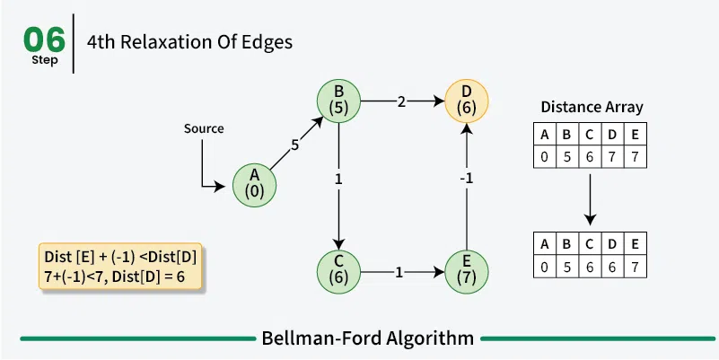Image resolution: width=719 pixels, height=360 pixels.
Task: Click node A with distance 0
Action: point(255,185)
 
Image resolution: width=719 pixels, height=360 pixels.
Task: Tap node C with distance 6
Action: point(338,271)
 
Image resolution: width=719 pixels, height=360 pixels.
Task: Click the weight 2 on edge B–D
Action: point(401,101)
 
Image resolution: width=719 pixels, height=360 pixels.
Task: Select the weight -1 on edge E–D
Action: point(466,178)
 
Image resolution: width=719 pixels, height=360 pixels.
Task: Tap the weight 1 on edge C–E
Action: point(399,271)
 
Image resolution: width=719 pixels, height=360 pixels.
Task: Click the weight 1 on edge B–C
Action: point(338,179)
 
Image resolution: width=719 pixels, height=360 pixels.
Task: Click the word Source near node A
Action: point(204,128)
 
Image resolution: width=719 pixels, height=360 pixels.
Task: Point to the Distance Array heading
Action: point(592,107)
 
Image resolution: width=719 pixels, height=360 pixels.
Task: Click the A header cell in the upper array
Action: point(543,136)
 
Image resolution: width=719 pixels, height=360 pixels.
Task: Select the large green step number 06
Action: point(45,39)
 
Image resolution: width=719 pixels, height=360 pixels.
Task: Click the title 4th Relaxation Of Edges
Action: point(189,41)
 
